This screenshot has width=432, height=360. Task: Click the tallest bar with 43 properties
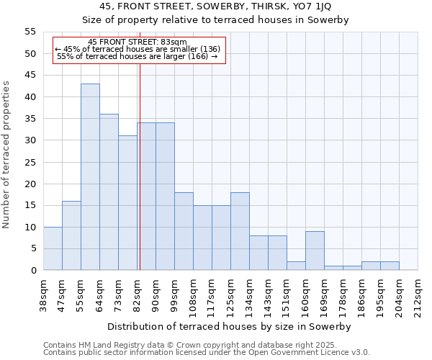90,177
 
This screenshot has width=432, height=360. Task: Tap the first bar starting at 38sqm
53,248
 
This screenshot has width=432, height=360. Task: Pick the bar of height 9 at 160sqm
315,251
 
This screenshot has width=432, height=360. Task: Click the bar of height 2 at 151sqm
296,266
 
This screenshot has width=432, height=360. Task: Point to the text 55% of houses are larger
137,56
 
